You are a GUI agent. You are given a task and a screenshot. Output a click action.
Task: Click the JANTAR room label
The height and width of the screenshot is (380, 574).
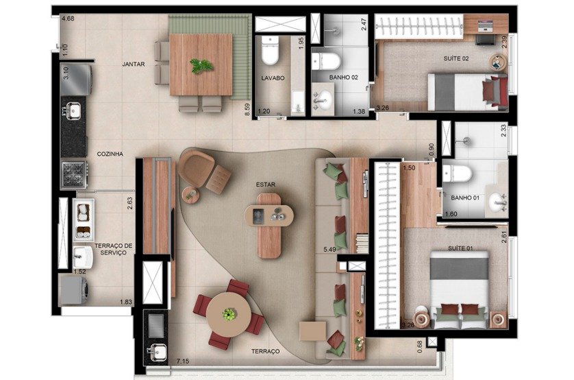134,64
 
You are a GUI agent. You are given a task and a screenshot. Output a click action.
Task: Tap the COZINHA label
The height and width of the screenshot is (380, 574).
110,154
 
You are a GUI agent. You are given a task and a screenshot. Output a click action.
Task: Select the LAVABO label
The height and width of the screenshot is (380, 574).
273,78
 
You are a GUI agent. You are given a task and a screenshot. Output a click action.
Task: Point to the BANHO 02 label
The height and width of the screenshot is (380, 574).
343,78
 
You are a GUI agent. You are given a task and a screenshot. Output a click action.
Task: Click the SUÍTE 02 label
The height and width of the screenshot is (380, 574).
456,58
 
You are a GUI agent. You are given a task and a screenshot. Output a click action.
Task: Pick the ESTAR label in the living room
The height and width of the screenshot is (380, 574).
266,185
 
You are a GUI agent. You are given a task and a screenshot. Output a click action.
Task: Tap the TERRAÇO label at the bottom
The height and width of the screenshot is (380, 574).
265,351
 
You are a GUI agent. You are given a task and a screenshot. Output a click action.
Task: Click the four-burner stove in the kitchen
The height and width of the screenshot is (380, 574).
74,174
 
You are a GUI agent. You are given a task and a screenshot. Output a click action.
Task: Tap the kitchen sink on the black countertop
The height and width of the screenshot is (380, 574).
73,110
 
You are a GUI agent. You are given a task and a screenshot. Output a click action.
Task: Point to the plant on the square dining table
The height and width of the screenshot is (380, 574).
201,66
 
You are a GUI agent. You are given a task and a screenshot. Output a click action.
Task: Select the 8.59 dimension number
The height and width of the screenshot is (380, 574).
247,110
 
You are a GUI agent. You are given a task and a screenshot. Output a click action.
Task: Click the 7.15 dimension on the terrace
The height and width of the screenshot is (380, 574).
183,361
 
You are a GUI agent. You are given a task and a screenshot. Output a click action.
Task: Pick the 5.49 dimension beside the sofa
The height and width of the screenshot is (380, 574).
329,250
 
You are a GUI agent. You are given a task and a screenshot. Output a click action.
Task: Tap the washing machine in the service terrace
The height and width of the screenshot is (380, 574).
73,291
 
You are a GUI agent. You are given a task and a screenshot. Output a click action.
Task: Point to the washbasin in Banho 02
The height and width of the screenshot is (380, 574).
323,99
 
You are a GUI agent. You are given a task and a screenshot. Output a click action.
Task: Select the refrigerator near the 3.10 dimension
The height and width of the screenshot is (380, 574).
77,80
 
